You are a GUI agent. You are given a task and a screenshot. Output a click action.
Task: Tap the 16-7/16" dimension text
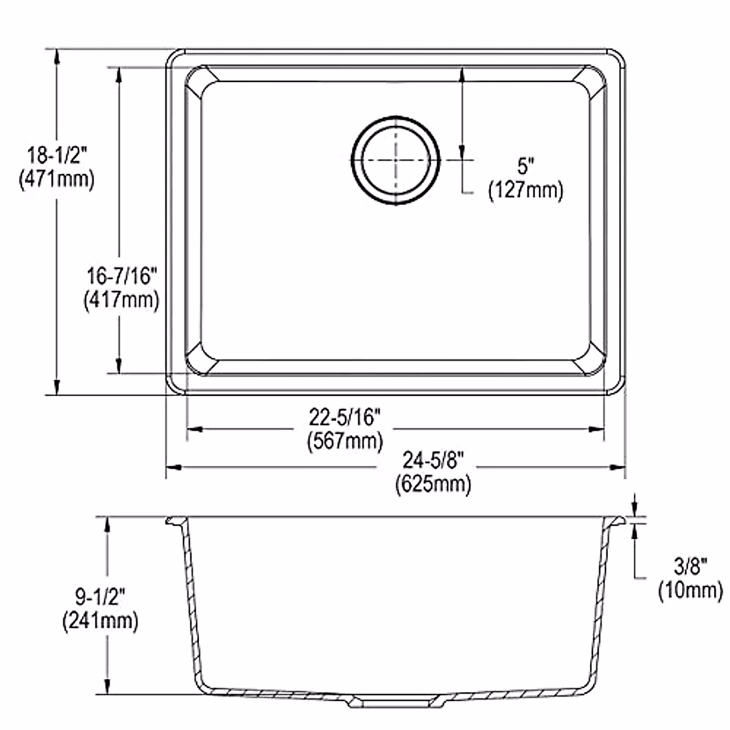[x=122, y=276]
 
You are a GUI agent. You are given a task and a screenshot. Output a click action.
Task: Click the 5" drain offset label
[x=526, y=165]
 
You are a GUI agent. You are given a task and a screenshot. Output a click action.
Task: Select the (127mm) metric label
[x=526, y=190]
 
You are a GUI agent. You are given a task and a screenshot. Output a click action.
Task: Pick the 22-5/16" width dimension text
[x=345, y=417]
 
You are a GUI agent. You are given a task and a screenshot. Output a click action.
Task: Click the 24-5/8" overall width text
[x=433, y=461]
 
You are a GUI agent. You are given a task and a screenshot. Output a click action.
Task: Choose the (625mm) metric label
[x=433, y=484]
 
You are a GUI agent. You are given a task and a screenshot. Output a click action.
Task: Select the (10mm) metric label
[x=690, y=589]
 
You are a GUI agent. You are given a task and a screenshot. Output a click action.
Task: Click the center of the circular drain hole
[x=395, y=160]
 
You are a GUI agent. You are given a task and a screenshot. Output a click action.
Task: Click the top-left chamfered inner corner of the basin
[x=201, y=82]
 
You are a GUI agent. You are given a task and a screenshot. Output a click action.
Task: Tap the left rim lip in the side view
[x=176, y=521]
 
